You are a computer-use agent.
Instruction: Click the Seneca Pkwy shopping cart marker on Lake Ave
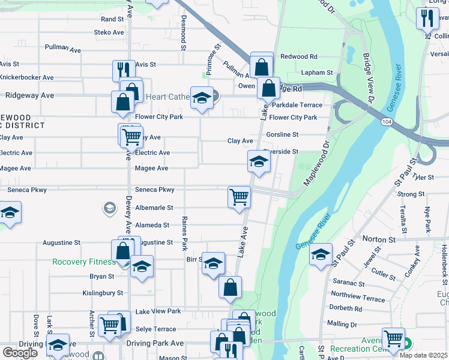239,196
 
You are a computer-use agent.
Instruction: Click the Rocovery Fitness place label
83,262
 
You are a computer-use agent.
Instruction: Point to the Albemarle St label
154,208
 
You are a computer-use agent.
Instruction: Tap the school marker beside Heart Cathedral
202,97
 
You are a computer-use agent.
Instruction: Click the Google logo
20,352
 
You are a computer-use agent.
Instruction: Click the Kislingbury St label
103,293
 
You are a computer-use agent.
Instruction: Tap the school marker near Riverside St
259,161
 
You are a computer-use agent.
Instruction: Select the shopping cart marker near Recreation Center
393,338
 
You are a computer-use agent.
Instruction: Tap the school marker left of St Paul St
321,255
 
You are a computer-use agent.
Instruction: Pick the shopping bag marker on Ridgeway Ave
122,101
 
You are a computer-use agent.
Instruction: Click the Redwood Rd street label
298,56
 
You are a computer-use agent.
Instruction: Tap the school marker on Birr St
212,263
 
